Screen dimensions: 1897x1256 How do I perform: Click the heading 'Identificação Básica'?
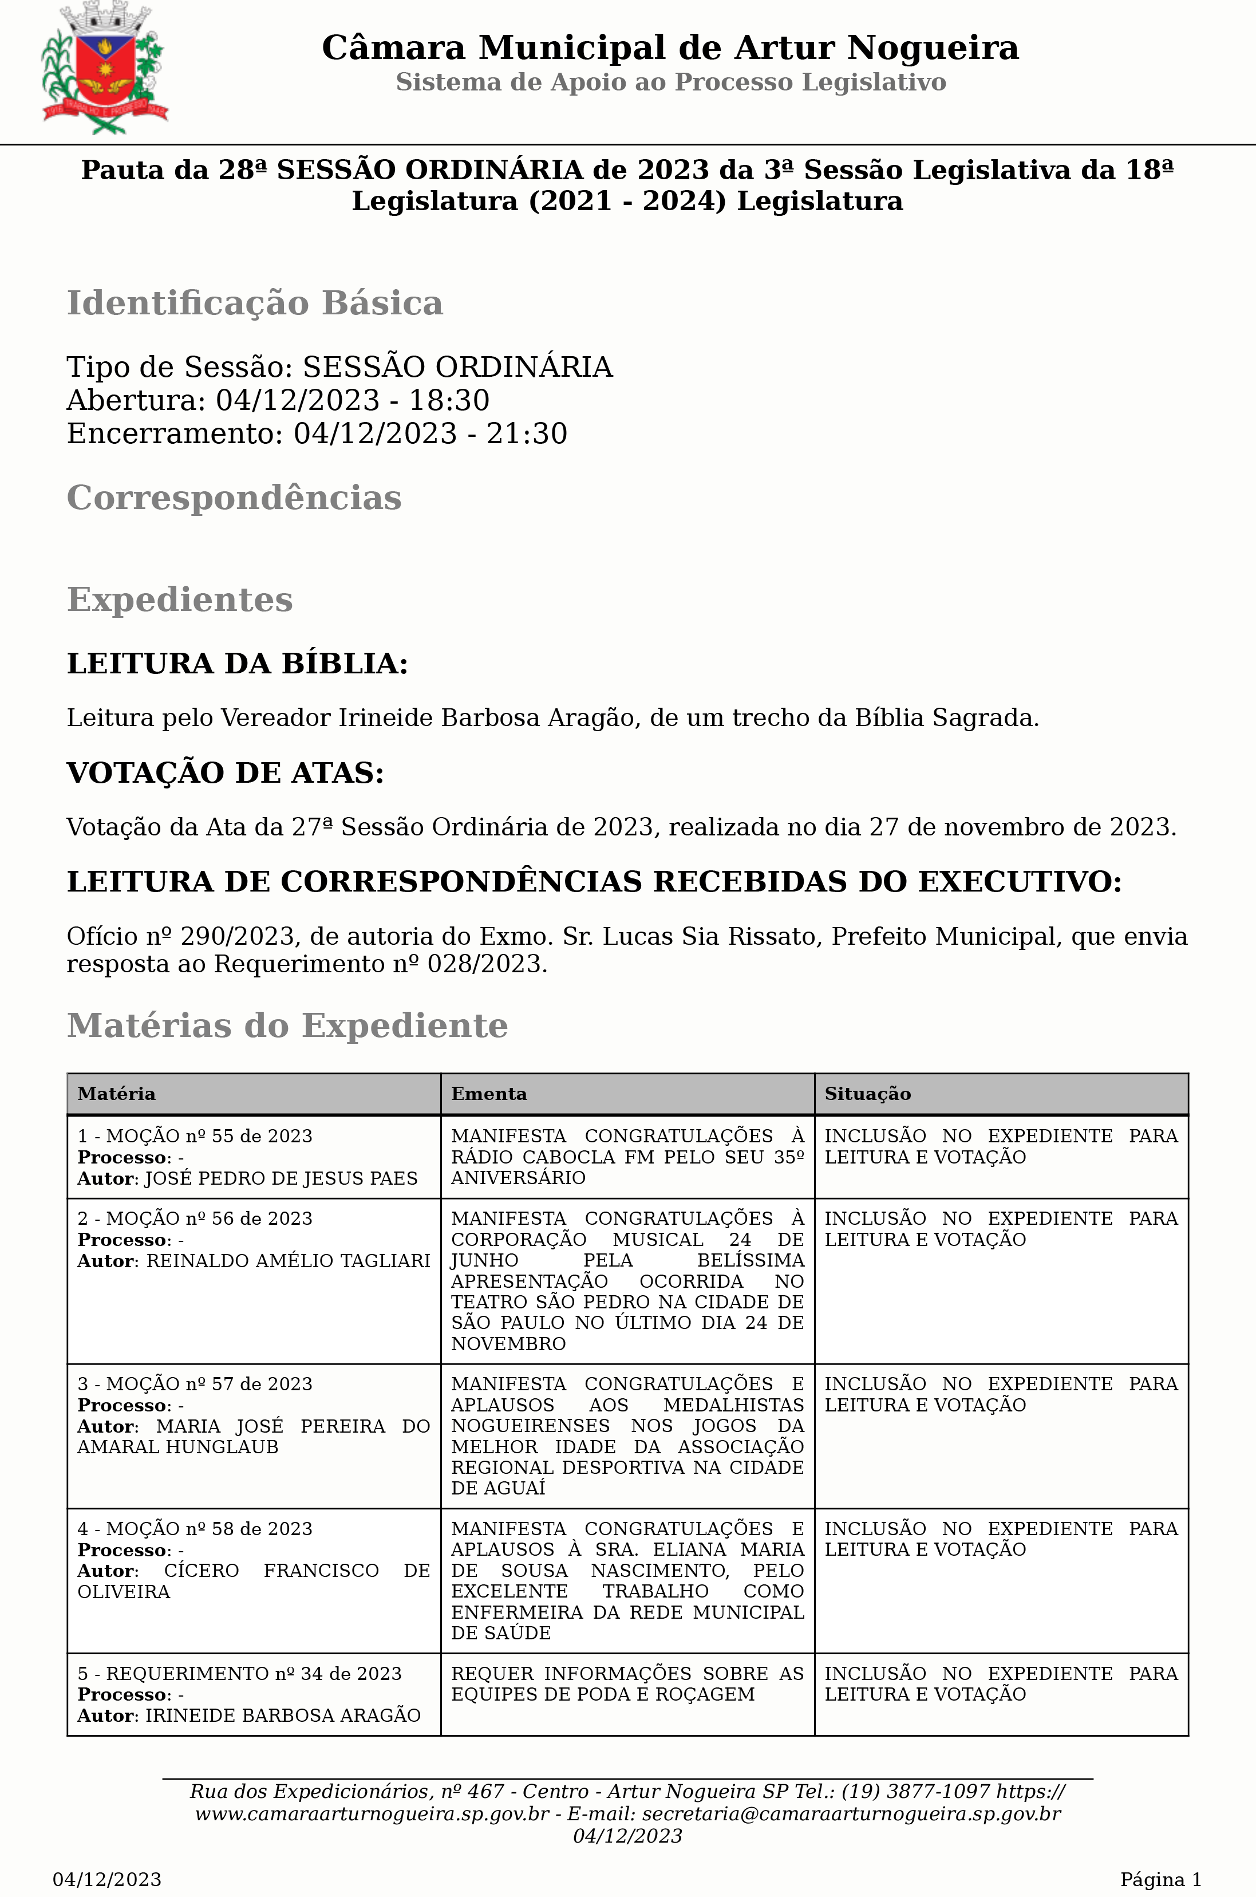pos(255,303)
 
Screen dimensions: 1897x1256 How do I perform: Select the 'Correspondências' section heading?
pos(234,498)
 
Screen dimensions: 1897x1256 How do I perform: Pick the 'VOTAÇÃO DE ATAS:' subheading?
pos(225,773)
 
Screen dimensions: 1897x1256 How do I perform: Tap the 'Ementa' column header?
pos(489,1094)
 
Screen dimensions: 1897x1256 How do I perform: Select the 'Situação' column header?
pos(867,1094)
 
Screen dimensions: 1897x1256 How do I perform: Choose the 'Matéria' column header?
pos(116,1094)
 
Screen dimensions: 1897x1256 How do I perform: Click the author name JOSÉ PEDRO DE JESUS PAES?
pos(281,1178)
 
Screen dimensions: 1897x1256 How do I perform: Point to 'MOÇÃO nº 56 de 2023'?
pos(209,1218)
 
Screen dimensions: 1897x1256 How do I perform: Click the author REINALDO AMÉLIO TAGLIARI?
pos(289,1261)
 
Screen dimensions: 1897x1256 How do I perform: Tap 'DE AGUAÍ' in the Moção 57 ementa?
pos(498,1488)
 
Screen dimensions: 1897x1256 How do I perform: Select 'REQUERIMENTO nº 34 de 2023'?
pos(253,1674)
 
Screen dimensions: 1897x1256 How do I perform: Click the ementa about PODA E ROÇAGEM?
pos(627,1684)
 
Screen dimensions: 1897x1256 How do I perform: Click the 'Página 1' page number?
pos(1160,1879)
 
